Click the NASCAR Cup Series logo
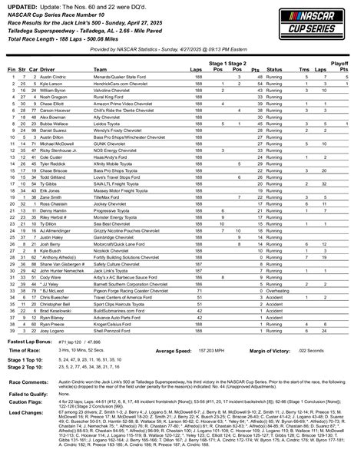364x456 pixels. click(326, 21)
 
